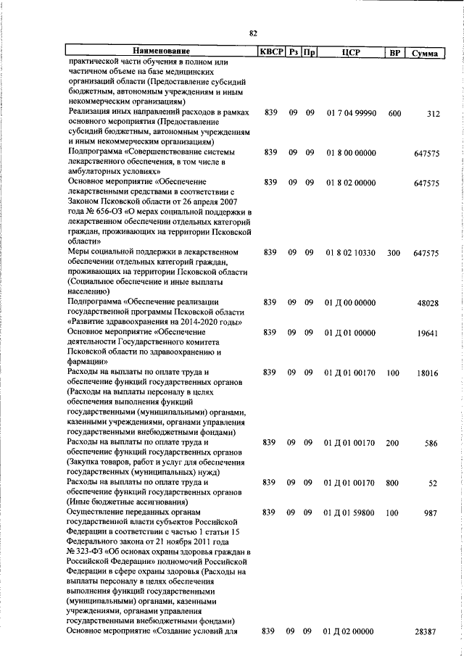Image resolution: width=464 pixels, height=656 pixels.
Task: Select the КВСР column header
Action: pos(271,51)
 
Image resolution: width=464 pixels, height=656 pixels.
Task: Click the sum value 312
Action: pos(434,114)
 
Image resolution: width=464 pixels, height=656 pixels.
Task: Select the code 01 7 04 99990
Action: pos(349,113)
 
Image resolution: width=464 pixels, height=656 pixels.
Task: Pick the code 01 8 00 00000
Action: pos(349,152)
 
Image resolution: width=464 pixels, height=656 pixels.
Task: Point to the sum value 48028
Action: pos(427,303)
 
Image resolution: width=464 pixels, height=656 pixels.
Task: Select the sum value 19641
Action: pos(427,333)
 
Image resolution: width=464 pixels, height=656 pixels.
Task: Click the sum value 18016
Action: pos(427,373)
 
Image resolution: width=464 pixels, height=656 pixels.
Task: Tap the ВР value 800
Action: pos(394,482)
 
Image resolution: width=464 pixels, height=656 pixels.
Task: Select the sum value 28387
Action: pos(427,632)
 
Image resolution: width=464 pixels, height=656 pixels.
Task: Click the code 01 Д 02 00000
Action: pos(349,632)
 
